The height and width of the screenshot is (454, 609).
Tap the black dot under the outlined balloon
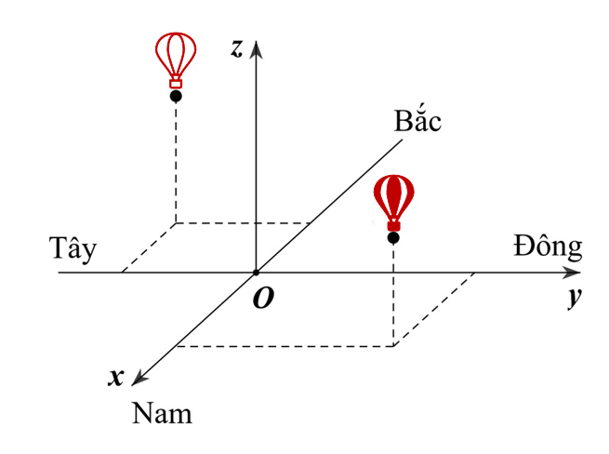pos(176,96)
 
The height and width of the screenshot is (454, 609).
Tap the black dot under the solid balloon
pos(393,237)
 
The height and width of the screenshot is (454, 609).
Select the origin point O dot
pos(256,273)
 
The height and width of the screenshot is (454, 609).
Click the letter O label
pos(263,298)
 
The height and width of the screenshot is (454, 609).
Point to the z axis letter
pos(236,48)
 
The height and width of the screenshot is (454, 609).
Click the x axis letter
pos(116,377)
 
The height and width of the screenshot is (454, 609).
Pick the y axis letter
pos(574,298)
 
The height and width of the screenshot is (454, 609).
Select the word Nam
pos(162,413)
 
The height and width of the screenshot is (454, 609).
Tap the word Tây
pos(73,247)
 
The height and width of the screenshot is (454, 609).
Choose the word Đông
pos(548,246)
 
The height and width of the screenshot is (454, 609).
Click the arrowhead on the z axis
pos(256,49)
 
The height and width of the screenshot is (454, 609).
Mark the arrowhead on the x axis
pos(139,378)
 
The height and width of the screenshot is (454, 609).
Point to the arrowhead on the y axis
pos(572,273)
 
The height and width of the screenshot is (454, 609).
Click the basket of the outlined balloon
pos(176,83)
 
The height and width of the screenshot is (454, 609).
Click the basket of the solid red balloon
pos(394,225)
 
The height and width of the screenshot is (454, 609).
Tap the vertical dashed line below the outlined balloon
pos(176,163)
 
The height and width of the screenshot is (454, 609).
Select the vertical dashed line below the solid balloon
pos(393,295)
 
